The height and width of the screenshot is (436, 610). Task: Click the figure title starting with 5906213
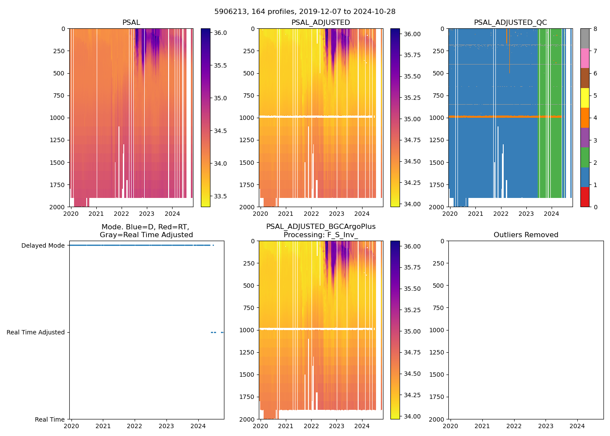pyautogui.click(x=305, y=12)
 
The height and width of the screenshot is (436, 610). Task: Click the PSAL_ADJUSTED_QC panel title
pyautogui.click(x=510, y=23)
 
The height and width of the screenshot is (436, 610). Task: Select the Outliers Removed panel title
pyautogui.click(x=525, y=235)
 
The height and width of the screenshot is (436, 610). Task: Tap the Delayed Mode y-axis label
pyautogui.click(x=43, y=245)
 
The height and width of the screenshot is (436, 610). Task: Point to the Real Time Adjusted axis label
pyautogui.click(x=35, y=332)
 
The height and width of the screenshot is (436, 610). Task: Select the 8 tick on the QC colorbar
pyautogui.click(x=595, y=29)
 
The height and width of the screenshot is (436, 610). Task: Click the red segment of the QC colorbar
pyautogui.click(x=585, y=197)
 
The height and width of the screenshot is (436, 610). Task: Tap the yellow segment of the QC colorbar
pyautogui.click(x=585, y=98)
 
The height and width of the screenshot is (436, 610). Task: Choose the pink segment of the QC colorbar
pyautogui.click(x=585, y=58)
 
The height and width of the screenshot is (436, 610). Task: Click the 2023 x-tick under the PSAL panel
pyautogui.click(x=146, y=214)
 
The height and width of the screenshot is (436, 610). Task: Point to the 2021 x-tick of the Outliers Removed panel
pyautogui.click(x=482, y=426)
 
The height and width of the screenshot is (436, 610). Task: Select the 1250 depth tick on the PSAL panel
pyautogui.click(x=57, y=140)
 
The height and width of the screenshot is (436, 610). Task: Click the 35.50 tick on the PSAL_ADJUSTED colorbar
pyautogui.click(x=412, y=76)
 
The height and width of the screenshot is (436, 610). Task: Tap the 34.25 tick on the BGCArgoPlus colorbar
pyautogui.click(x=412, y=395)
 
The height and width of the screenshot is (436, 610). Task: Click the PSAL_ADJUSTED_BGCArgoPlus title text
pyautogui.click(x=321, y=227)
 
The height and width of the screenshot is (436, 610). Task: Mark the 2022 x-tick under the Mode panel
pyautogui.click(x=135, y=426)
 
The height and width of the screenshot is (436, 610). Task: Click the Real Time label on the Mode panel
pyautogui.click(x=50, y=419)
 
